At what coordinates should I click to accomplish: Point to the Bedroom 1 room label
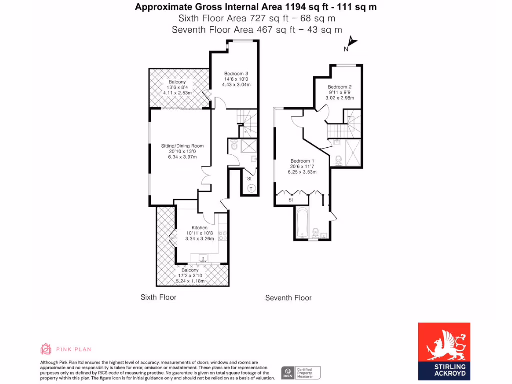[303, 161]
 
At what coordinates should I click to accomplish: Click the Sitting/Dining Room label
[182, 146]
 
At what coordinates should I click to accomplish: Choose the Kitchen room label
[199, 227]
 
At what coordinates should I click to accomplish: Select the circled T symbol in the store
[251, 188]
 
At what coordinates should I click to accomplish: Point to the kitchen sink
[203, 259]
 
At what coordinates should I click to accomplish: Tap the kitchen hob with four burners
[223, 235]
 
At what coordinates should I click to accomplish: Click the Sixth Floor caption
[158, 297]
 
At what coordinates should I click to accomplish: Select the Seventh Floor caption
[288, 298]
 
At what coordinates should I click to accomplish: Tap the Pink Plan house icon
[46, 349]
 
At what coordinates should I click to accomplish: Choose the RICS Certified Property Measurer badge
[301, 372]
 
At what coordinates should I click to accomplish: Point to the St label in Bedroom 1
[290, 200]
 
